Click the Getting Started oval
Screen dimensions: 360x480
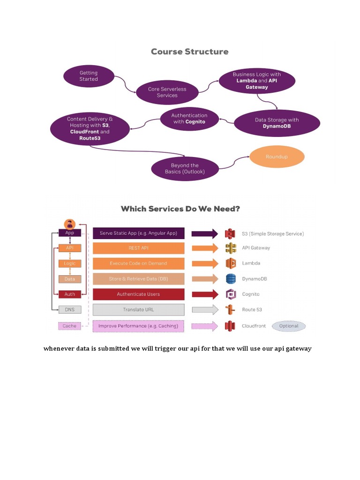click(89, 76)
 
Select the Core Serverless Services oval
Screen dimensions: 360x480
click(167, 92)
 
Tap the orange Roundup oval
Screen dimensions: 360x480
click(277, 157)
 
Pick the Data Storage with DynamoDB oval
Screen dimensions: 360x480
click(277, 123)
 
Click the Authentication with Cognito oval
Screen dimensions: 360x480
click(189, 119)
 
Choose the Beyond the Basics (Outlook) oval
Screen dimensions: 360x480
click(185, 169)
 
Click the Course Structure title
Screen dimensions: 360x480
click(190, 52)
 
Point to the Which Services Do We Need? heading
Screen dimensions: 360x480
click(180, 209)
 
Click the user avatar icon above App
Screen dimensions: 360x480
click(70, 224)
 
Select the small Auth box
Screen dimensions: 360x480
click(69, 294)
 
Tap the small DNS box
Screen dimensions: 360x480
click(69, 309)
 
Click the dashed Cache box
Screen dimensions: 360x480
click(69, 326)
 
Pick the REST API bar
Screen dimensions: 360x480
click(138, 248)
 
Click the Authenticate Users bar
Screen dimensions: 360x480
click(138, 294)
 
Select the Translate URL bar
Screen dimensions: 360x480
click(138, 309)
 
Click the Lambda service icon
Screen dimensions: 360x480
click(230, 263)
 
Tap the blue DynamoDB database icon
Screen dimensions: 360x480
click(230, 279)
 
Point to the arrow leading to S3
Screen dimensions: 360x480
click(205, 233)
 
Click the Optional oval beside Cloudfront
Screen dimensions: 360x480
click(288, 326)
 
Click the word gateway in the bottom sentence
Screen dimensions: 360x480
click(298, 349)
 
